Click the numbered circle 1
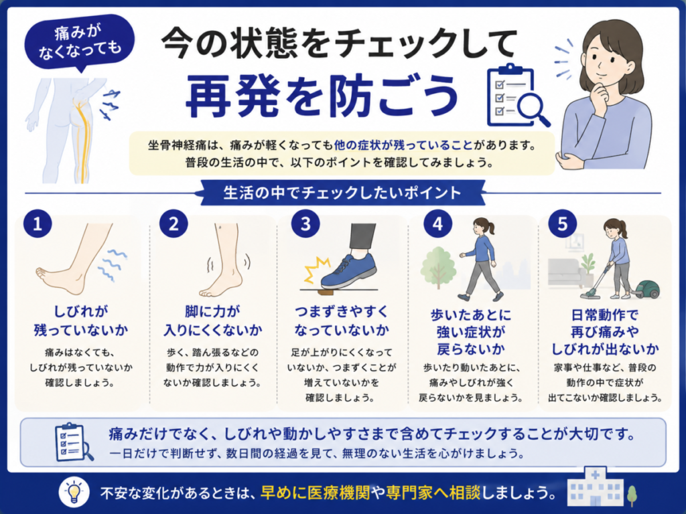pos(38,224)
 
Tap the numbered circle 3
pos(305,224)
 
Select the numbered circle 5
pos(563,224)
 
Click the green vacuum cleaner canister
pos(646,289)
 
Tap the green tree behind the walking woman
pos(438,268)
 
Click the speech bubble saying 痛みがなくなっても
pos(80,42)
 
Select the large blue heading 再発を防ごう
pos(322,95)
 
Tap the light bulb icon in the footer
pos(74,492)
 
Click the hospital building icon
pos(595,487)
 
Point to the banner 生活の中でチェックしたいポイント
pos(342,193)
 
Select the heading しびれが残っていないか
pos(81,321)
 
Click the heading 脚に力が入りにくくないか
pos(212,321)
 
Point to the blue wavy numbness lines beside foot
pos(112,264)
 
